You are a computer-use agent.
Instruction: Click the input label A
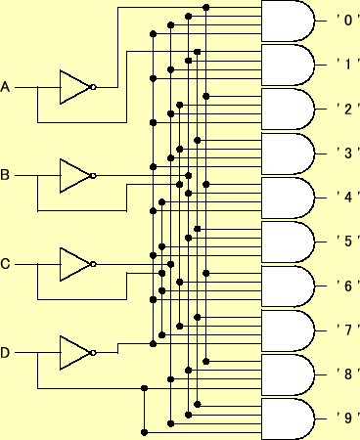tap(6, 88)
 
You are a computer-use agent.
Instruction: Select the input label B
tap(6, 176)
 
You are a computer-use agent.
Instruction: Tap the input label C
tap(6, 264)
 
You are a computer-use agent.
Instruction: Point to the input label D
tap(6, 352)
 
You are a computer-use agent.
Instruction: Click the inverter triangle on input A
tap(73, 87)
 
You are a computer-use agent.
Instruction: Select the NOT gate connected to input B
tap(73, 176)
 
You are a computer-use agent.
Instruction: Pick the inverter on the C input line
tap(73, 264)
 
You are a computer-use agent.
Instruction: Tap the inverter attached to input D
tap(73, 352)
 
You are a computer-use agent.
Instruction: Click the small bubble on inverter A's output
tap(93, 87)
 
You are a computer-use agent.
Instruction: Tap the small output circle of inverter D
tap(93, 352)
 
